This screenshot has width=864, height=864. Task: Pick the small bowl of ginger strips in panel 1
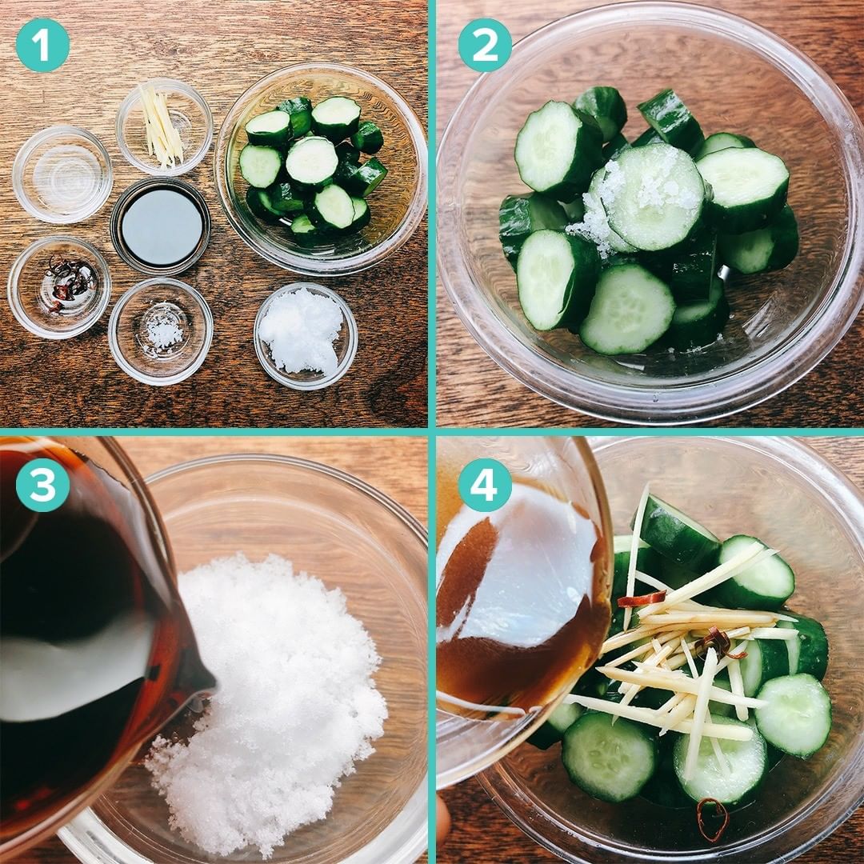164,126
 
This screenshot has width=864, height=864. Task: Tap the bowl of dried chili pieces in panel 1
59,286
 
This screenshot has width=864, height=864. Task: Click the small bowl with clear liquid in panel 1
62,174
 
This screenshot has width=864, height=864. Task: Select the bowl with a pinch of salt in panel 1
160,331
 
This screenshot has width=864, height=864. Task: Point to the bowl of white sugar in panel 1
306,336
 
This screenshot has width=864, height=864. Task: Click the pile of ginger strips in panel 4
689,662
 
